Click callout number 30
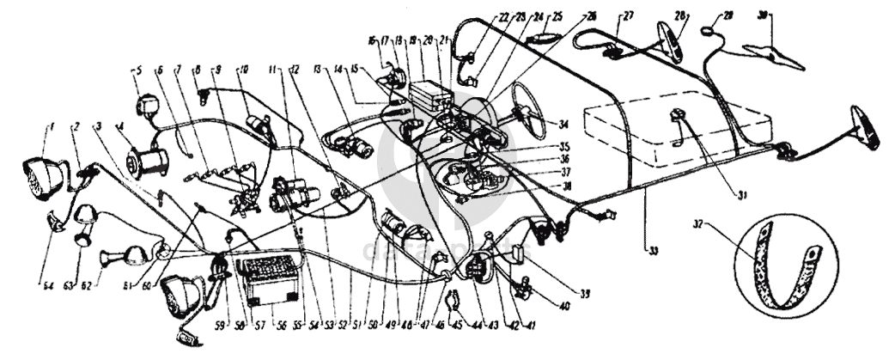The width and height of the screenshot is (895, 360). [761, 15]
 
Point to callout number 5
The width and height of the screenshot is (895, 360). [136, 70]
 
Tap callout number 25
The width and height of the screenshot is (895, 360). [557, 15]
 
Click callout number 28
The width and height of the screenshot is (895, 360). [679, 15]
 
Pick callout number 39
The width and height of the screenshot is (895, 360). [586, 295]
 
